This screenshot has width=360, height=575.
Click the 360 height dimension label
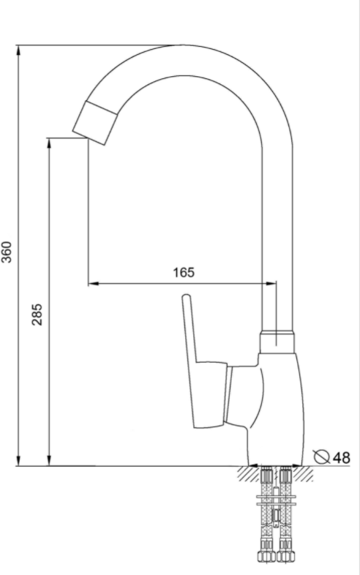(7, 252)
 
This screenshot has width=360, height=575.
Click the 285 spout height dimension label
(37, 315)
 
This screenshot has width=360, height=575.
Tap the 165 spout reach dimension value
(184, 272)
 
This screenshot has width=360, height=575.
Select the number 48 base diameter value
(341, 457)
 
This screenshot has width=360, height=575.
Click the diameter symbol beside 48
(321, 456)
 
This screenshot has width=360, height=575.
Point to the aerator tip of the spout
(94, 122)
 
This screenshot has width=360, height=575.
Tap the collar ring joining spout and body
(277, 342)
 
